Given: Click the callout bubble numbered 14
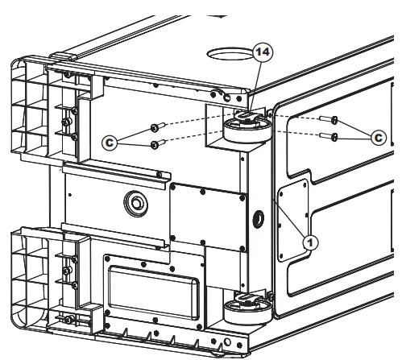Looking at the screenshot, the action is coord(263,52).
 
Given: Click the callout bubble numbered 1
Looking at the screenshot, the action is coord(310,242).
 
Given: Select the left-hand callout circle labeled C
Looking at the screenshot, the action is coord(110,143).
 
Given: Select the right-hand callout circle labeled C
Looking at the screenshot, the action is coord(379,138).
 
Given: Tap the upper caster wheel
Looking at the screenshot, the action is coord(247,130).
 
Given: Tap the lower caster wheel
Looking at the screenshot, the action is coord(247,312).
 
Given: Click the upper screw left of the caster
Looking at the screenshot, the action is coord(158,127).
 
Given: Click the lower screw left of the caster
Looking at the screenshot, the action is coord(158,144).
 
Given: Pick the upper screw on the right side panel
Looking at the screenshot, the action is coord(329,119).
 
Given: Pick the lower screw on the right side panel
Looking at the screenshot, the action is coord(329,137).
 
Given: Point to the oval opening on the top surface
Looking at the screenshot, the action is coord(230,54).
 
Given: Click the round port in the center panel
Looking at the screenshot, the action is coord(136,204).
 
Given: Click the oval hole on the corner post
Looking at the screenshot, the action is coord(259,219).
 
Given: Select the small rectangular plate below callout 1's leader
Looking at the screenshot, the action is coord(292,221).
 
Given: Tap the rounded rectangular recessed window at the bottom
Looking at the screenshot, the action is coord(154,292).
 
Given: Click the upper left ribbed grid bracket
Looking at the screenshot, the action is coord(30,107).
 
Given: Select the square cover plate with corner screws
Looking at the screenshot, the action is coord(208,217).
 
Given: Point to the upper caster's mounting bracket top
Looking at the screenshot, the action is coord(247,116).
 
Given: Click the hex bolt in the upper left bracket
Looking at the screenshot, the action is coord(66,122).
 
